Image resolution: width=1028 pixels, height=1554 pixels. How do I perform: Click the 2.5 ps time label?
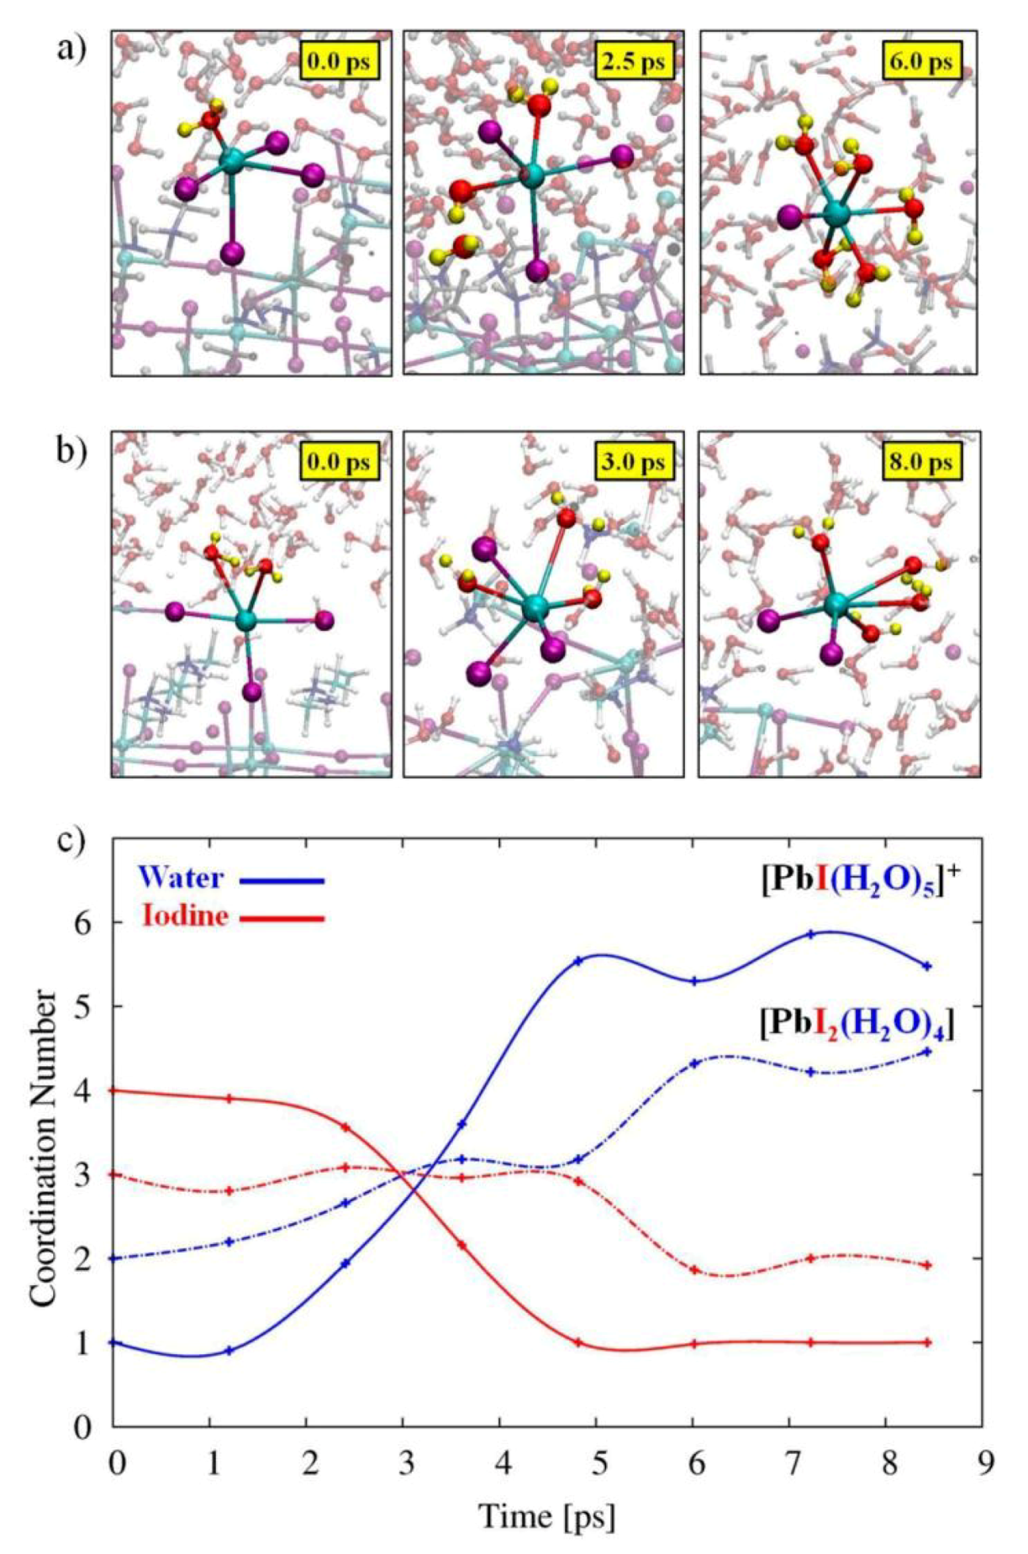pos(634,62)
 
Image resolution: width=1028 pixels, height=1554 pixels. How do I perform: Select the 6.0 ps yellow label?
pos(922,62)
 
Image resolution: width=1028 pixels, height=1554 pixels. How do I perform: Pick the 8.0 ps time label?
pos(922,462)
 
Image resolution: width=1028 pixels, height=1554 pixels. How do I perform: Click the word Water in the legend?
pos(182,879)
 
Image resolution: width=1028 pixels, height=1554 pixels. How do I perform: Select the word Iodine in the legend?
pos(185,915)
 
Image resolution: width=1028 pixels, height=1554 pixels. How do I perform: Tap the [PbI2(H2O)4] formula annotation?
pos(857,1026)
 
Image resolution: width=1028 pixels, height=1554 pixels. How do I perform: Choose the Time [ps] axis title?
pos(546,1517)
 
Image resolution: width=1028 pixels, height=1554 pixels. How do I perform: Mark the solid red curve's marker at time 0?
pos(114,1090)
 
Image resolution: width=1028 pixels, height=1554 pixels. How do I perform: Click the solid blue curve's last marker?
pos(927,966)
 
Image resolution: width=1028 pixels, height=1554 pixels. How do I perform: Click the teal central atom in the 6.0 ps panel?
pos(836,213)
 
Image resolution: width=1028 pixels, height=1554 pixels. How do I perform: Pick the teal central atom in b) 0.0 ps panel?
pos(245,621)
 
